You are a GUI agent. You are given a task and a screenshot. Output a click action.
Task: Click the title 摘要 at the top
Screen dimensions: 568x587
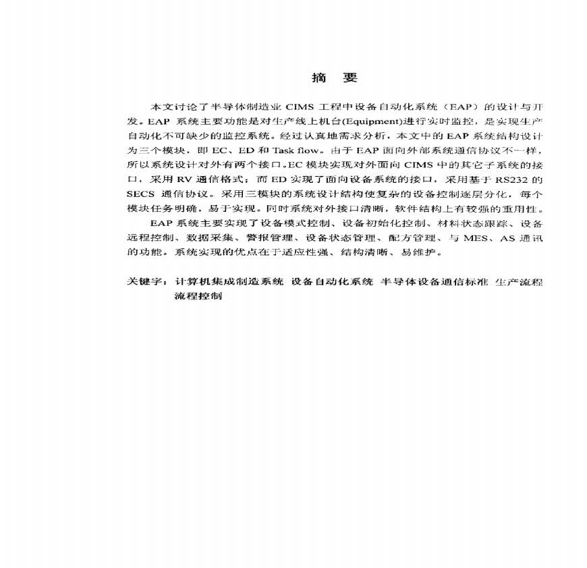click(334, 78)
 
